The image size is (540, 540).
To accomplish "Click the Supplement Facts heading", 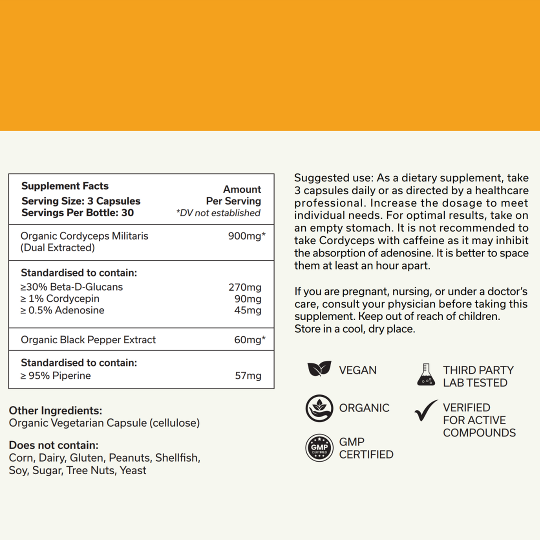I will point(65,186).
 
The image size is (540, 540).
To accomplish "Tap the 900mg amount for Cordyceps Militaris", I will point(247,236).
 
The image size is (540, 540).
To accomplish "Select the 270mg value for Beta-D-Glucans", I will point(245,287).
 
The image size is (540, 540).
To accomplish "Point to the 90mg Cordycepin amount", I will point(248,299).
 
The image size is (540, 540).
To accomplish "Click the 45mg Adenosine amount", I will point(248,310).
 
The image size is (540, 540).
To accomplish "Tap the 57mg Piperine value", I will point(248,376).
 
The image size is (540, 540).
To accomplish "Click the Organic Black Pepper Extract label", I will point(88,340).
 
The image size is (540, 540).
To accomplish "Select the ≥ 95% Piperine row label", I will point(56,376).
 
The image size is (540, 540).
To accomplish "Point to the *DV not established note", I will point(218,213).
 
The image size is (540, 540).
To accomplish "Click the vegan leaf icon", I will point(319,369).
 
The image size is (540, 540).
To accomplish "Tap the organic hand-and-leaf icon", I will point(319,408).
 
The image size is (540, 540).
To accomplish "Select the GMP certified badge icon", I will point(319,447).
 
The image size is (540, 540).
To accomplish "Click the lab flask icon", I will point(426,375).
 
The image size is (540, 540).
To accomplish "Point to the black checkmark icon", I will point(426,411).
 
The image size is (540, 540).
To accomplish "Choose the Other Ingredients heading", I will point(55,411).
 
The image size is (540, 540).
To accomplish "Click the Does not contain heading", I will point(54,445).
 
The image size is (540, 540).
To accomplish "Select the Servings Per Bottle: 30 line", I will point(77,212).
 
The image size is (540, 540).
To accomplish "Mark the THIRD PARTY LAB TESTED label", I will point(478,376).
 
